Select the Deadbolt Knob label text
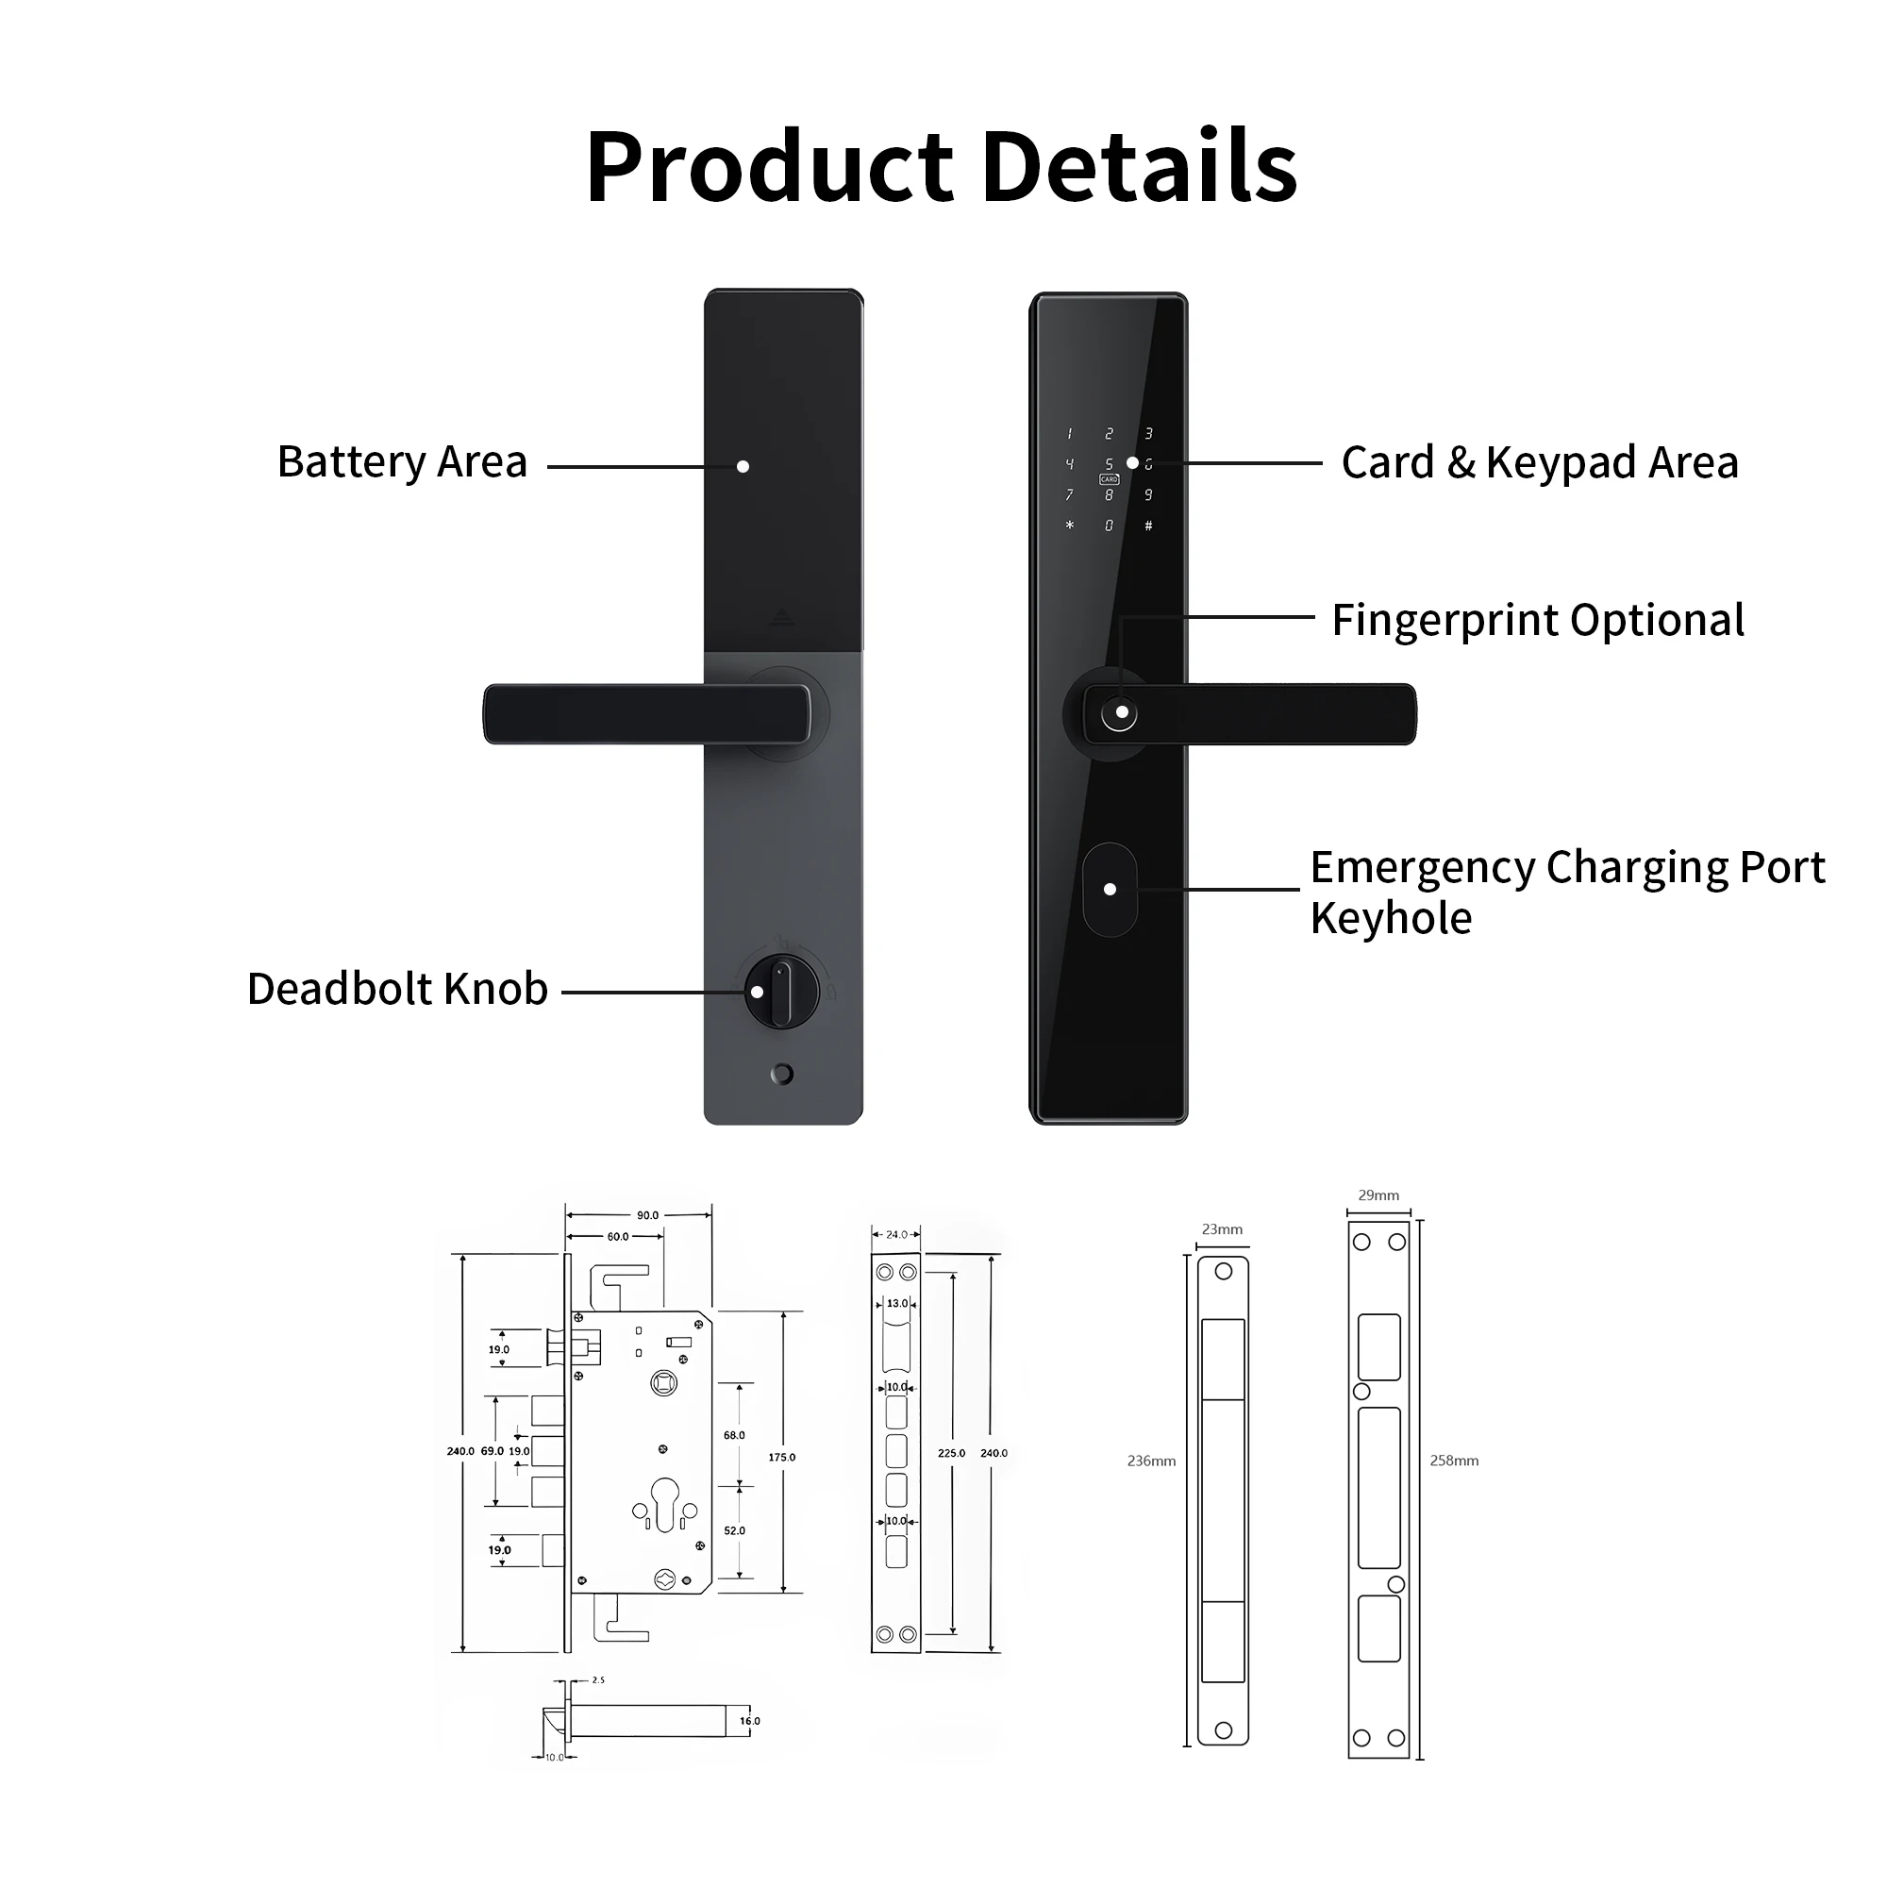pyautogui.click(x=396, y=989)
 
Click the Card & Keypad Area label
pyautogui.click(x=1539, y=462)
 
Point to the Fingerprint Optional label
pyautogui.click(x=1537, y=619)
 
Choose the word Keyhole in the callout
pyautogui.click(x=1390, y=918)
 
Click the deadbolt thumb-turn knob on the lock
pyautogui.click(x=781, y=993)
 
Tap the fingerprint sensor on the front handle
pyautogui.click(x=1119, y=713)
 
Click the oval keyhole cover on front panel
pyautogui.click(x=1110, y=889)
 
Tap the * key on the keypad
pyautogui.click(x=1070, y=526)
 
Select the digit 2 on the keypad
pyautogui.click(x=1109, y=434)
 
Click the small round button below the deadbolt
pyautogui.click(x=781, y=1075)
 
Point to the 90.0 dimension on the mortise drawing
pyautogui.click(x=647, y=1216)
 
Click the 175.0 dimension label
pyautogui.click(x=781, y=1458)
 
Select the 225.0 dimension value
pyautogui.click(x=951, y=1453)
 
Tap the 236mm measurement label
pyautogui.click(x=1150, y=1461)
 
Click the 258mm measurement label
pyautogui.click(x=1453, y=1461)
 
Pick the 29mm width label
pyautogui.click(x=1378, y=1195)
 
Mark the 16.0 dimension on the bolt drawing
pyautogui.click(x=749, y=1721)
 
